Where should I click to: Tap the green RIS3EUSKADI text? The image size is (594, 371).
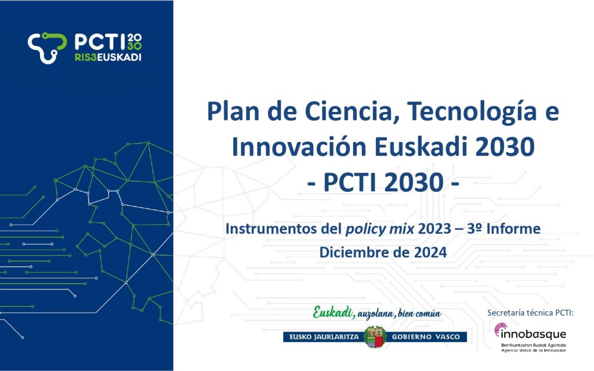pos(108,57)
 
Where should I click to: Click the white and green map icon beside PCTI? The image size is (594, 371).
pos(47,47)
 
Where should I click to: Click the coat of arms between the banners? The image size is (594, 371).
pos(375,337)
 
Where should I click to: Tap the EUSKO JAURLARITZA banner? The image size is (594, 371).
pos(324,337)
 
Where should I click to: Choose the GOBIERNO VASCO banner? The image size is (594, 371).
pos(426,337)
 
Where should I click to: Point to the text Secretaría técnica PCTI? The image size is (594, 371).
pos(531,312)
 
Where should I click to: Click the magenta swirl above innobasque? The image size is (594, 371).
pos(500,329)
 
